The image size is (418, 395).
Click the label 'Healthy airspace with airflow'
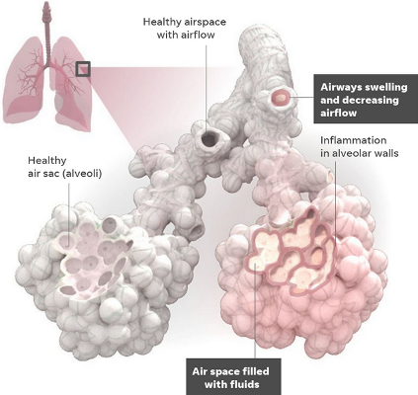click(x=185, y=29)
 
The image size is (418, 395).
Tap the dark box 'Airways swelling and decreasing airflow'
click(x=366, y=99)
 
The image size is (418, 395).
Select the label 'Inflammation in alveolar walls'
click(x=360, y=146)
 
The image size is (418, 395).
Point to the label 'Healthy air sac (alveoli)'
click(x=64, y=167)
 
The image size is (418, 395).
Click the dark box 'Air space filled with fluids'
click(x=233, y=377)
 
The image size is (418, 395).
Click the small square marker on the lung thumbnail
click(x=83, y=69)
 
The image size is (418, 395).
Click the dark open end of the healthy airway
click(x=209, y=138)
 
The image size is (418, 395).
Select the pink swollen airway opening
click(x=281, y=98)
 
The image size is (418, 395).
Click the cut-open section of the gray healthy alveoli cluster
click(x=94, y=259)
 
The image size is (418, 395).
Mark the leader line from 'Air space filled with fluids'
click(x=256, y=309)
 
